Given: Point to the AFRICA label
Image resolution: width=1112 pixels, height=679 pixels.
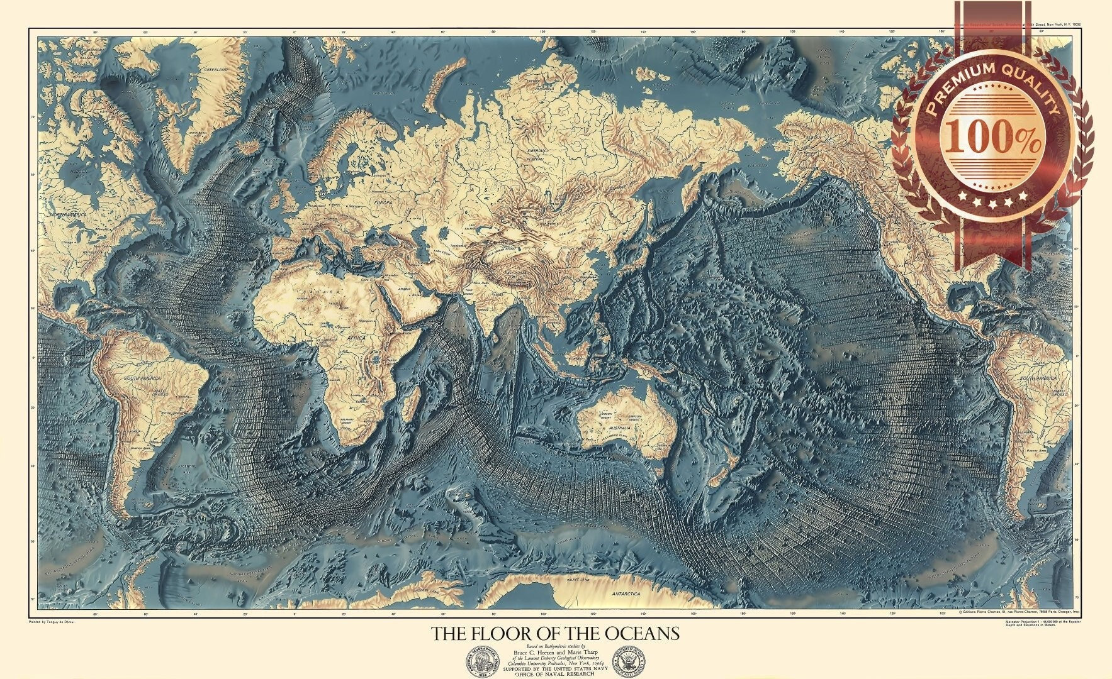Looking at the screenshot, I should [x=357, y=338].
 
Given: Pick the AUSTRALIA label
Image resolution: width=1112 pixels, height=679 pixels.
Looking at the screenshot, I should [x=619, y=428].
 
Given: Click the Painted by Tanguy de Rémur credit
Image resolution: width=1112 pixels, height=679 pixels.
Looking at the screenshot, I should [x=52, y=621].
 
